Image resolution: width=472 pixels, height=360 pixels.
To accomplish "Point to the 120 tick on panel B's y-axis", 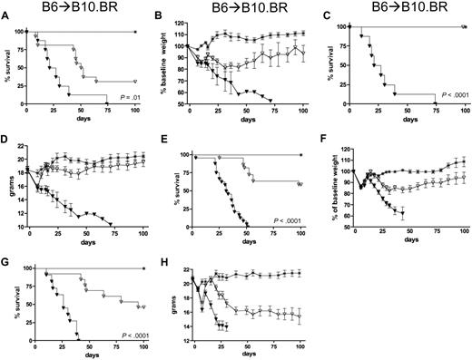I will [x=182, y=26].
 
